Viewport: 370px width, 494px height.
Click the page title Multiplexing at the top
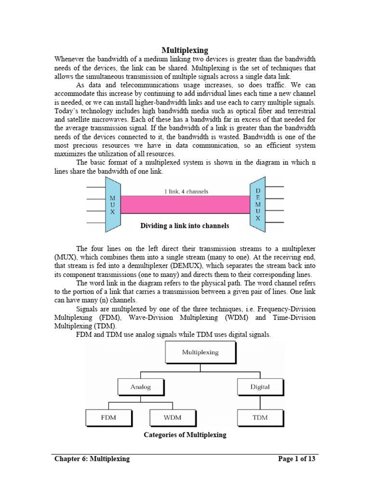(185, 50)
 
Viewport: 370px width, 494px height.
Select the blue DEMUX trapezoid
(258, 205)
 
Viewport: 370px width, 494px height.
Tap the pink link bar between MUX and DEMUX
(185, 205)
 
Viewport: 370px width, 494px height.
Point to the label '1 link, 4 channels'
(186, 192)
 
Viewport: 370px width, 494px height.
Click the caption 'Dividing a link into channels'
(185, 225)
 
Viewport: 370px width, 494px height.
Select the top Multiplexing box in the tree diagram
(200, 353)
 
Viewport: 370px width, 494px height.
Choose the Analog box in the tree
(140, 387)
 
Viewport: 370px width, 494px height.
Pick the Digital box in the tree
(260, 387)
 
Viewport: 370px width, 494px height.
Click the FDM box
(108, 417)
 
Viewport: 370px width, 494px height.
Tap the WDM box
(172, 417)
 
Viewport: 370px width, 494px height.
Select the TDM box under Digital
(260, 417)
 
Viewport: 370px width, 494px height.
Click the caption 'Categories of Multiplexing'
(185, 435)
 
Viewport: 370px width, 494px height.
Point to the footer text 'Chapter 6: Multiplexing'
(92, 459)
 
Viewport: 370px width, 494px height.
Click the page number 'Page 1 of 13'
(297, 459)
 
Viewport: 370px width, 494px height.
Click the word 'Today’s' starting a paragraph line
(67, 111)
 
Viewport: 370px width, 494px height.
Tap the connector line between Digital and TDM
(260, 402)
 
